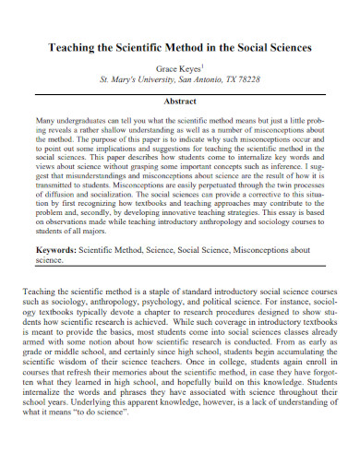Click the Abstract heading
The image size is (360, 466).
point(180,103)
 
